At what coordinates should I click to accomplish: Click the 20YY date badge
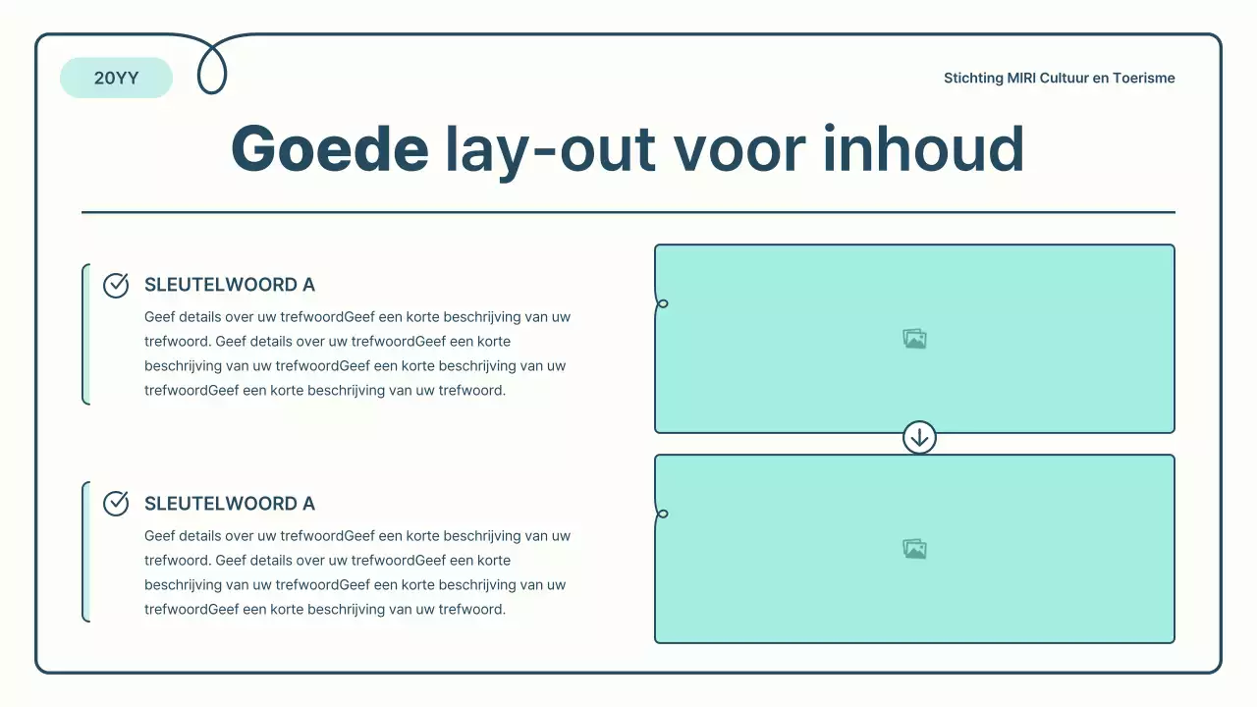coord(116,78)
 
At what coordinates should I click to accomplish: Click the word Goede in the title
coord(329,149)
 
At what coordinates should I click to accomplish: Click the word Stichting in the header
coord(973,79)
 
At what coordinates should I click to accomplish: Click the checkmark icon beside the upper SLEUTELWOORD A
coord(116,285)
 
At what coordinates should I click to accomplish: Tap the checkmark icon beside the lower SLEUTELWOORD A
coord(116,504)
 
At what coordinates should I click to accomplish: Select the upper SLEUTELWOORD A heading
coord(230,285)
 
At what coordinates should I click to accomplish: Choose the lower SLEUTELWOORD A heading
coord(230,504)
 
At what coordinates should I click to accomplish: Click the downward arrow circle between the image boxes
coord(919,438)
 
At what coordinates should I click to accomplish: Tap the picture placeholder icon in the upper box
coord(914,339)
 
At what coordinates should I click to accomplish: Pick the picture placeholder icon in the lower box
coord(914,549)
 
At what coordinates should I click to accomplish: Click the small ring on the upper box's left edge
coord(663,303)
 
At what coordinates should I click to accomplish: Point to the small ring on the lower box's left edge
coord(663,514)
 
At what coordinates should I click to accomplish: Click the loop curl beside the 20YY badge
coord(212,69)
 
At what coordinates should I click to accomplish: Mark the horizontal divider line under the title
coord(628,212)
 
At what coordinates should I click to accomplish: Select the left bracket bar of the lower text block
coord(85,552)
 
